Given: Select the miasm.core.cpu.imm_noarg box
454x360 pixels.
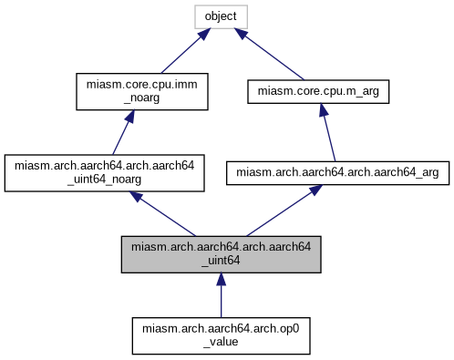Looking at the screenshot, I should [136, 91].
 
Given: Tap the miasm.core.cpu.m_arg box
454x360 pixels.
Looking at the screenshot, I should [320, 92].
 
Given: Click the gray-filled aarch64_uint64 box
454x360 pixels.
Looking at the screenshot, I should [221, 253].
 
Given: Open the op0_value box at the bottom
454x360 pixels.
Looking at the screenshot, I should [221, 334].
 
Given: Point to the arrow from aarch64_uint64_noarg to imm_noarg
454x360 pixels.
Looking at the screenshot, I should [124, 132].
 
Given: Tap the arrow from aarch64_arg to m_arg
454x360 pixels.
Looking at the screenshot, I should [326, 132].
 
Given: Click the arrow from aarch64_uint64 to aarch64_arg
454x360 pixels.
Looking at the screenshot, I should [277, 210].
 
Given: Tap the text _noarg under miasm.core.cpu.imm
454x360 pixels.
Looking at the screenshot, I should [136, 98].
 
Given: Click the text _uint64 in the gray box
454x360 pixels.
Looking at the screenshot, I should [221, 261].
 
